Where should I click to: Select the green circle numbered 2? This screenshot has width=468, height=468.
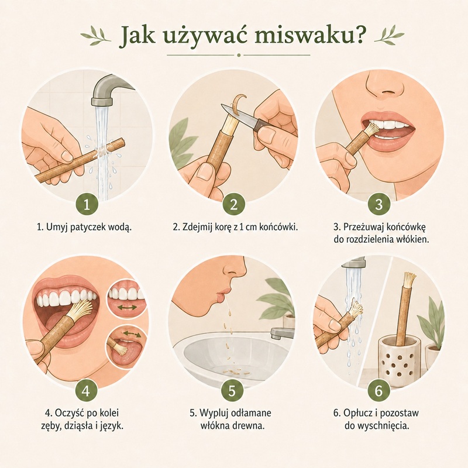pos(233,204)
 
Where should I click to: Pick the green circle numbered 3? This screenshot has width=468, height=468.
pos(378,204)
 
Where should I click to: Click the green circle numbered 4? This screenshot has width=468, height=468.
pos(86,390)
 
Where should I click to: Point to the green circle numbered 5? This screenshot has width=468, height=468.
pos(232,390)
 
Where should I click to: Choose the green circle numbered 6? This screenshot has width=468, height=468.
pos(378,390)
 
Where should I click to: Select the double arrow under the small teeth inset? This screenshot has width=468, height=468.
pos(126,307)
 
